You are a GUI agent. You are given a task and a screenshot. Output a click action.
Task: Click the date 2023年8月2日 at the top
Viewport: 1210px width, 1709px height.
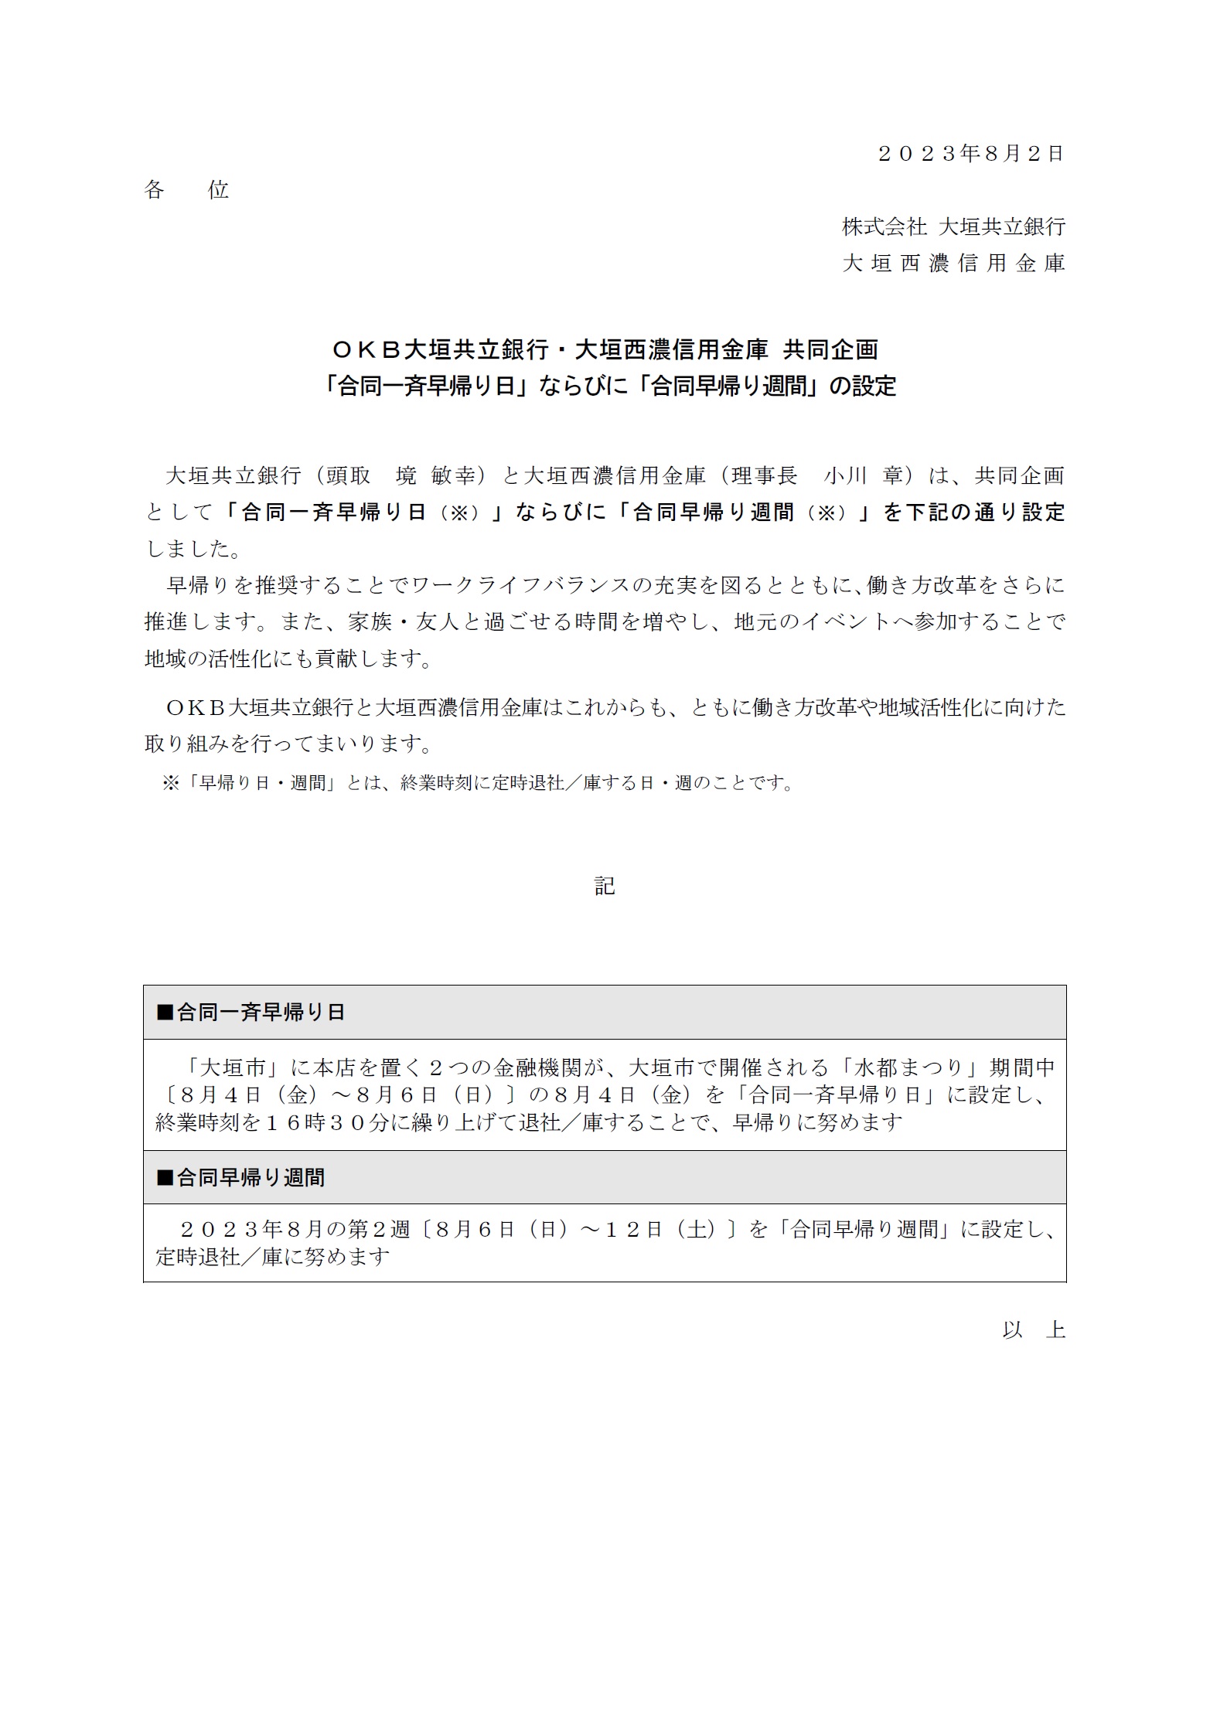(x=971, y=153)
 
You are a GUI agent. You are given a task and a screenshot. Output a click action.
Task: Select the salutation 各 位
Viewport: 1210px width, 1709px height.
(x=186, y=190)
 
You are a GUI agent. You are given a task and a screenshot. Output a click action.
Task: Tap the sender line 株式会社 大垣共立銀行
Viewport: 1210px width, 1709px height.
(x=953, y=226)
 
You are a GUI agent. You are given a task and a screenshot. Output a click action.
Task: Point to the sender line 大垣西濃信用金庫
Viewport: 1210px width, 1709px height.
(x=953, y=264)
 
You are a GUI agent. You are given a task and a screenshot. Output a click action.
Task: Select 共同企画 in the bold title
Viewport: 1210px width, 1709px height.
(x=830, y=350)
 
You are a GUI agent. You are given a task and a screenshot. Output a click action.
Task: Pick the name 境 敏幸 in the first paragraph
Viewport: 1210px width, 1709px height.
(x=435, y=475)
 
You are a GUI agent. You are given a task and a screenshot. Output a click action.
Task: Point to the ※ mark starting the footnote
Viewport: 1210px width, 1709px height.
(x=170, y=783)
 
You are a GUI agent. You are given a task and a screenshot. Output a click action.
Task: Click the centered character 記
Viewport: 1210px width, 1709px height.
(x=605, y=886)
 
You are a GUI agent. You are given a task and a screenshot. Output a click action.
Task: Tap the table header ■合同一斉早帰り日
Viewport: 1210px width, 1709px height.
(x=251, y=1013)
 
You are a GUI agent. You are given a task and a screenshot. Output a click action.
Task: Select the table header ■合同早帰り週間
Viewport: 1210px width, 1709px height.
(x=241, y=1178)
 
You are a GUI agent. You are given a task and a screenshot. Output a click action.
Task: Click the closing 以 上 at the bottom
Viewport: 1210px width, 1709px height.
(x=1034, y=1330)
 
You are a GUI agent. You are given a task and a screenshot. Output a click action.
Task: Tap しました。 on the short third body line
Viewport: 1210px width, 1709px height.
(x=193, y=549)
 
